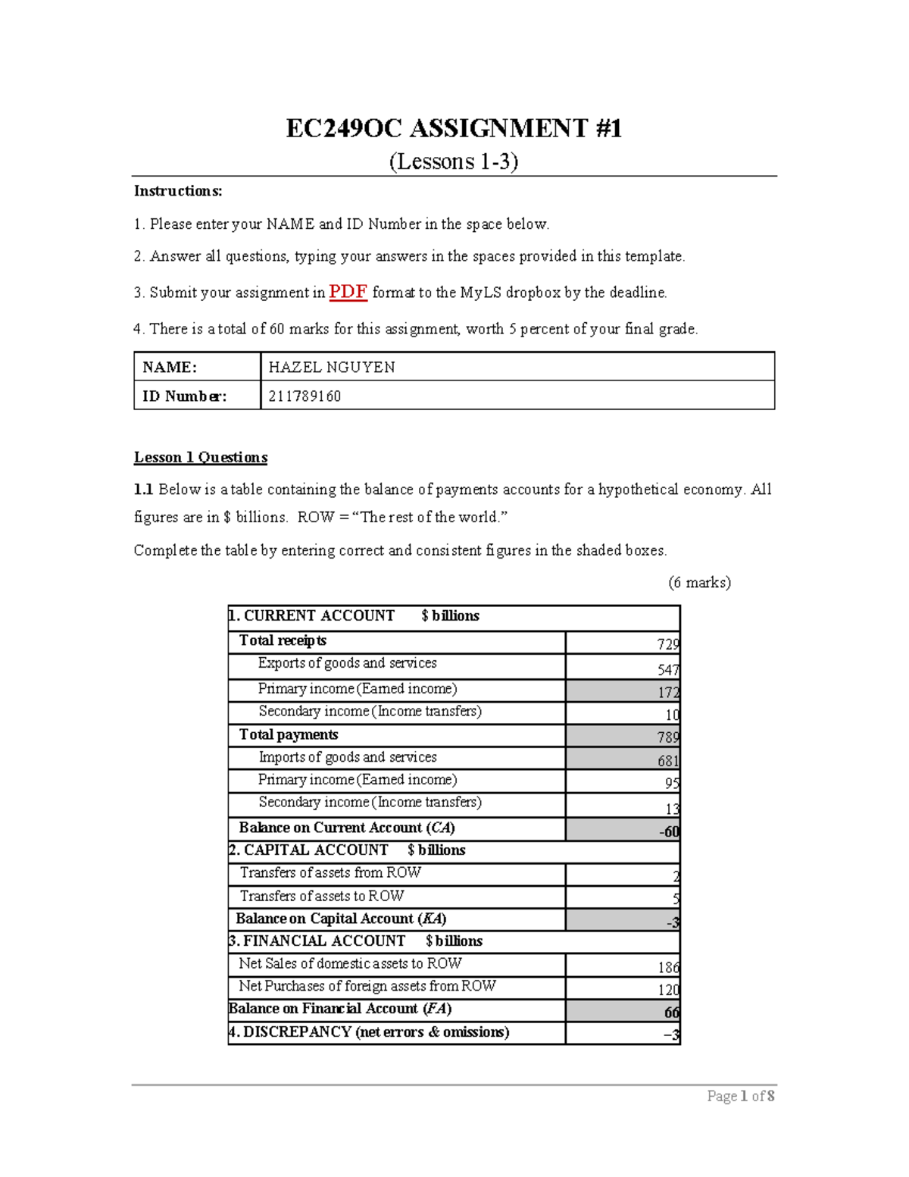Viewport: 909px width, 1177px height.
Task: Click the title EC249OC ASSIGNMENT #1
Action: click(454, 128)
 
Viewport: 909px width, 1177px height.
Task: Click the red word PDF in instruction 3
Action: click(348, 292)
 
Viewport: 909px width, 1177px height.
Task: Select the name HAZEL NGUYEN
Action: click(332, 368)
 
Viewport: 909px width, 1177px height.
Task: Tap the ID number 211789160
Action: click(305, 396)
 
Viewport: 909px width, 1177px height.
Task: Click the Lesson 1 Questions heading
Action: click(201, 457)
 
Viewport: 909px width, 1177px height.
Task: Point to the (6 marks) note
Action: click(698, 582)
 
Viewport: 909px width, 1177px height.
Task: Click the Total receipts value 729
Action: click(667, 644)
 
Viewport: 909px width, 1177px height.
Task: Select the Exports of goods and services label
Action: click(347, 663)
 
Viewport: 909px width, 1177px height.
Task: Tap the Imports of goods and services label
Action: click(347, 757)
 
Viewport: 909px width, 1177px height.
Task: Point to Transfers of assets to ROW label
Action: click(321, 896)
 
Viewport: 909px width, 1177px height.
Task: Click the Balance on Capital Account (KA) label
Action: click(341, 919)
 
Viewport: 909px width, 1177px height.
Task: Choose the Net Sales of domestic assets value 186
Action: click(667, 967)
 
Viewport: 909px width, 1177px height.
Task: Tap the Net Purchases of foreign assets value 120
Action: click(667, 990)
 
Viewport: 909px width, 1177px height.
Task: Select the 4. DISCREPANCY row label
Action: click(369, 1032)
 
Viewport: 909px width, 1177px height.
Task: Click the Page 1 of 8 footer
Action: click(740, 1096)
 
